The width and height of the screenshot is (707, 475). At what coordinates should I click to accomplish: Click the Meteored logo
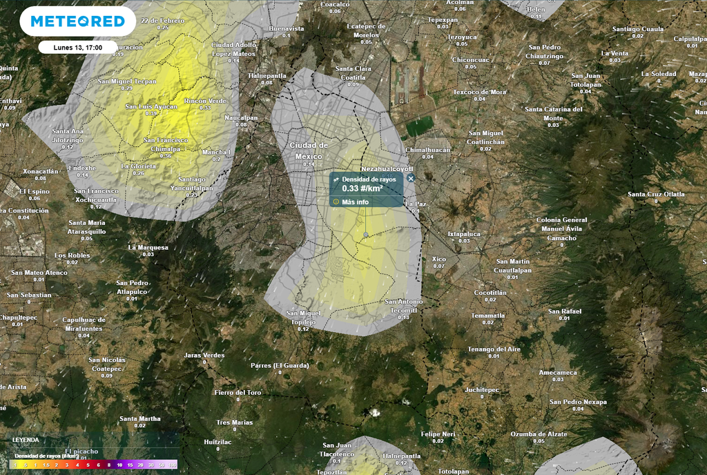77,21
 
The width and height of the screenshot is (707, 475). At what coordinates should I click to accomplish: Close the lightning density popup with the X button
411,178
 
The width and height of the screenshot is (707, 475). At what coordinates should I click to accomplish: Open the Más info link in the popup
356,202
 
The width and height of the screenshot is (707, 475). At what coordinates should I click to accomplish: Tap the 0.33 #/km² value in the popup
362,188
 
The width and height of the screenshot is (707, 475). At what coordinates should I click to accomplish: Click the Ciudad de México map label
308,151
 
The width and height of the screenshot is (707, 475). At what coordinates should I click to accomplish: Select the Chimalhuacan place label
427,150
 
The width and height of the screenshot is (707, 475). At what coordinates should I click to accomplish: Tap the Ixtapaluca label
463,234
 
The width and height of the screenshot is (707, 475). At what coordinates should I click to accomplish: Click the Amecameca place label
557,372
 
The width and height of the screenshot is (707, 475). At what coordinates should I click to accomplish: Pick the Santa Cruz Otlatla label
656,195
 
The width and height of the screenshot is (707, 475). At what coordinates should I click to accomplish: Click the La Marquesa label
148,247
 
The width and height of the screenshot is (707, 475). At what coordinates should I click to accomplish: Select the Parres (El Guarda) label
279,365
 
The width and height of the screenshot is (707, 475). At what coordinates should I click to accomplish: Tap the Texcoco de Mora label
479,92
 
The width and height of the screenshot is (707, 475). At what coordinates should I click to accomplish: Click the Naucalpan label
241,117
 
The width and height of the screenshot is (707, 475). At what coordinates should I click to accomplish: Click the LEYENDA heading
26,439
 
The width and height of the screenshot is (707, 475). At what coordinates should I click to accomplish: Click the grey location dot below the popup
366,235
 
